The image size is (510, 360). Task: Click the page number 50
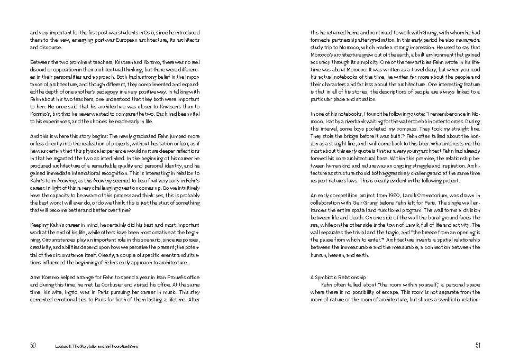point(33,345)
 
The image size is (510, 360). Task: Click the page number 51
point(477,345)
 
